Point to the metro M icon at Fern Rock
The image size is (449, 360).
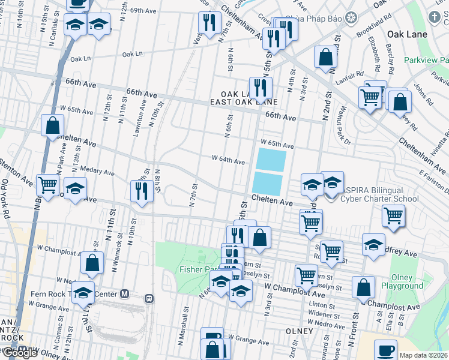tap(125, 294)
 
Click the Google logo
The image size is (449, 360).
tap(19, 353)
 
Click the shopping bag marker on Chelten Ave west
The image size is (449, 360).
tap(53, 126)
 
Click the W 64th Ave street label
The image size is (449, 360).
tap(228, 161)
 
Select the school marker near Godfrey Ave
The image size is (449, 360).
tap(373, 245)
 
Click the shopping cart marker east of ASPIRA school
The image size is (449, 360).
tap(393, 216)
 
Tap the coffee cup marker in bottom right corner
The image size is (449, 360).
tap(385, 350)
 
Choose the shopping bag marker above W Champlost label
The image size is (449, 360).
tap(92, 262)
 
